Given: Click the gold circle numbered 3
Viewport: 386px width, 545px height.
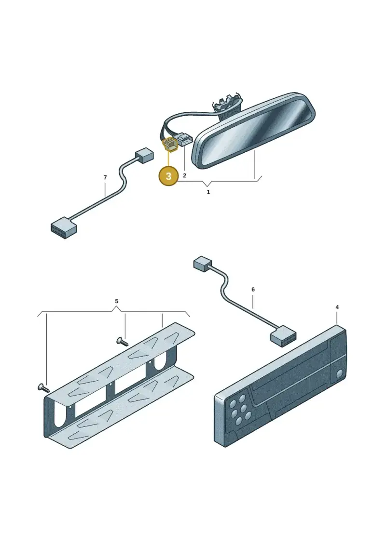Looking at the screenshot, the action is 168,176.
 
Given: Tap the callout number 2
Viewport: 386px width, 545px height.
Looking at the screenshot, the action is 184,175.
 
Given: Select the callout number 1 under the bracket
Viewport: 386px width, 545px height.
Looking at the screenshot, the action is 208,192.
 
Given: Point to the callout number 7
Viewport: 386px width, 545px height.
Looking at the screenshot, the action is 105,178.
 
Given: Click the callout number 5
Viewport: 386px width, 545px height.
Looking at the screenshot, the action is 117,301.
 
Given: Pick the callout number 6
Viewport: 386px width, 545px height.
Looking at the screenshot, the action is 253,289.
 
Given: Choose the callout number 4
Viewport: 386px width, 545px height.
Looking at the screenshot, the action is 337,307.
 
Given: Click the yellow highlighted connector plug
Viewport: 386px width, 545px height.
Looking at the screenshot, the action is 170,144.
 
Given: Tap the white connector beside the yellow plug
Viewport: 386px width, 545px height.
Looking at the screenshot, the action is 185,140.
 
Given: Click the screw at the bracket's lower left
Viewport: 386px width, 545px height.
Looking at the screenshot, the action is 43,387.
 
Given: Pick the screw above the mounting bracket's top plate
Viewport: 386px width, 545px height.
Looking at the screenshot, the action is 122,341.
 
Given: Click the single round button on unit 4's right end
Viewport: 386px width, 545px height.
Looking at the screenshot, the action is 340,374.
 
